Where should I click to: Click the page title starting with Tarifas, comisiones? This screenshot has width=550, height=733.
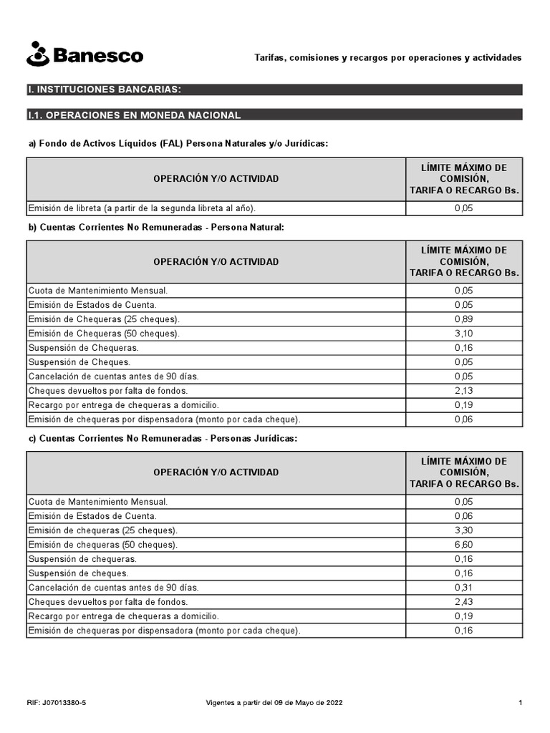388,57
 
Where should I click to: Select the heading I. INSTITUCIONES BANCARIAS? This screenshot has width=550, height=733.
104,89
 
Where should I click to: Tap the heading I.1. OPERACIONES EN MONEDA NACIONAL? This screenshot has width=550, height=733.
134,115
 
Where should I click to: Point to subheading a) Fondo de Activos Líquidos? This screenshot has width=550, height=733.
178,143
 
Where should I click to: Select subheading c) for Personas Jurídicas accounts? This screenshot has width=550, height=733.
162,437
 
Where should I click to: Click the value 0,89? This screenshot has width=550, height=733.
463,319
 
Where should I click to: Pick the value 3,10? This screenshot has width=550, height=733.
463,334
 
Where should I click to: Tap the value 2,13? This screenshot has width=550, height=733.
463,391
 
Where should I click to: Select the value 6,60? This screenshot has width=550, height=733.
463,545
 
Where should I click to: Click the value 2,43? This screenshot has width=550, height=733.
463,602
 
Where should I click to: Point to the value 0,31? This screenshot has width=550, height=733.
463,588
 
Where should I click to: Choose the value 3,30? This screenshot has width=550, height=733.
463,530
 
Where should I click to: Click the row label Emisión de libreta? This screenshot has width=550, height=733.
142,208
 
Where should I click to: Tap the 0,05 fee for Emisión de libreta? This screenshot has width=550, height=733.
463,208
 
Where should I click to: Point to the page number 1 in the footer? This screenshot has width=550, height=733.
520,703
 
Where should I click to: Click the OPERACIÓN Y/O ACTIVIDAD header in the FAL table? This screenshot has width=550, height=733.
216,179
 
